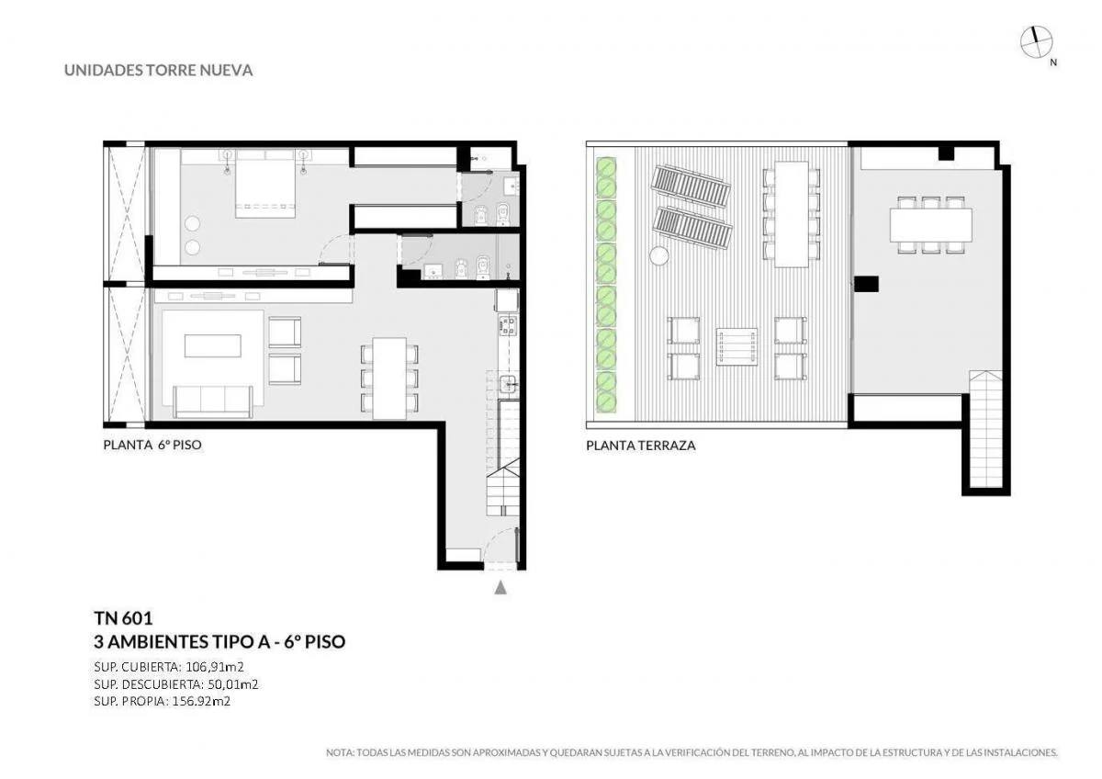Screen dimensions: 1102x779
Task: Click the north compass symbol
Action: (1036, 42)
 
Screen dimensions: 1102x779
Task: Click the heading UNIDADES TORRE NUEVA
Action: (158, 71)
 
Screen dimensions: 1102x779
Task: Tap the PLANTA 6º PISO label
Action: (152, 445)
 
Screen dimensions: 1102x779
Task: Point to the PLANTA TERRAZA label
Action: (641, 446)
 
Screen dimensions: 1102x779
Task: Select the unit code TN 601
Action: (123, 617)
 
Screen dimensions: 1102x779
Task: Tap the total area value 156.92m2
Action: (201, 701)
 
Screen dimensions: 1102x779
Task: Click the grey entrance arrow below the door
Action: (500, 587)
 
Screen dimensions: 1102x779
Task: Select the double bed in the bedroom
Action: (265, 184)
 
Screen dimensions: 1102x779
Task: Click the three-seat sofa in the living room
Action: (213, 401)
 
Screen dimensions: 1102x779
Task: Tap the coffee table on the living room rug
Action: (213, 345)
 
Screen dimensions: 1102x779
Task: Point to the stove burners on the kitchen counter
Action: (508, 326)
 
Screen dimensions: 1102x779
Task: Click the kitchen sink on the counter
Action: (508, 383)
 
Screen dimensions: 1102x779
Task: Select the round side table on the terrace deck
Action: (659, 256)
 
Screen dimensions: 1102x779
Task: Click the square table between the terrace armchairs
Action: (737, 346)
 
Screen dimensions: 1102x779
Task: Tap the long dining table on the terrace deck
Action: (792, 214)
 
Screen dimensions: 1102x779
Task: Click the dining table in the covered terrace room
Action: (931, 225)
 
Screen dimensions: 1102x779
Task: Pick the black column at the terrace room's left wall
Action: (866, 284)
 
